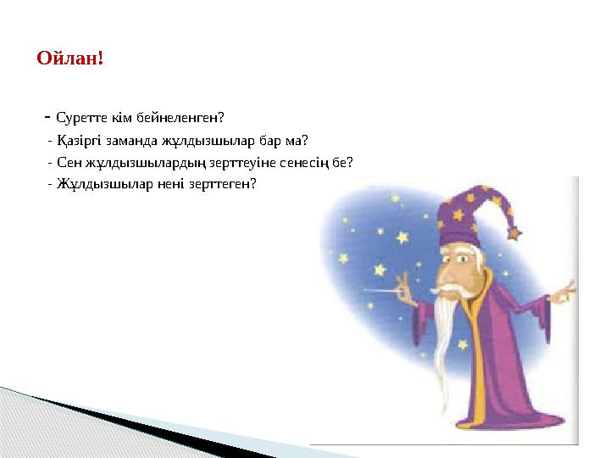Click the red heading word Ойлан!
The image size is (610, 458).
(x=70, y=59)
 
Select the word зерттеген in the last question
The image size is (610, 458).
(x=202, y=183)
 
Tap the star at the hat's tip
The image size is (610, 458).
(x=515, y=232)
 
